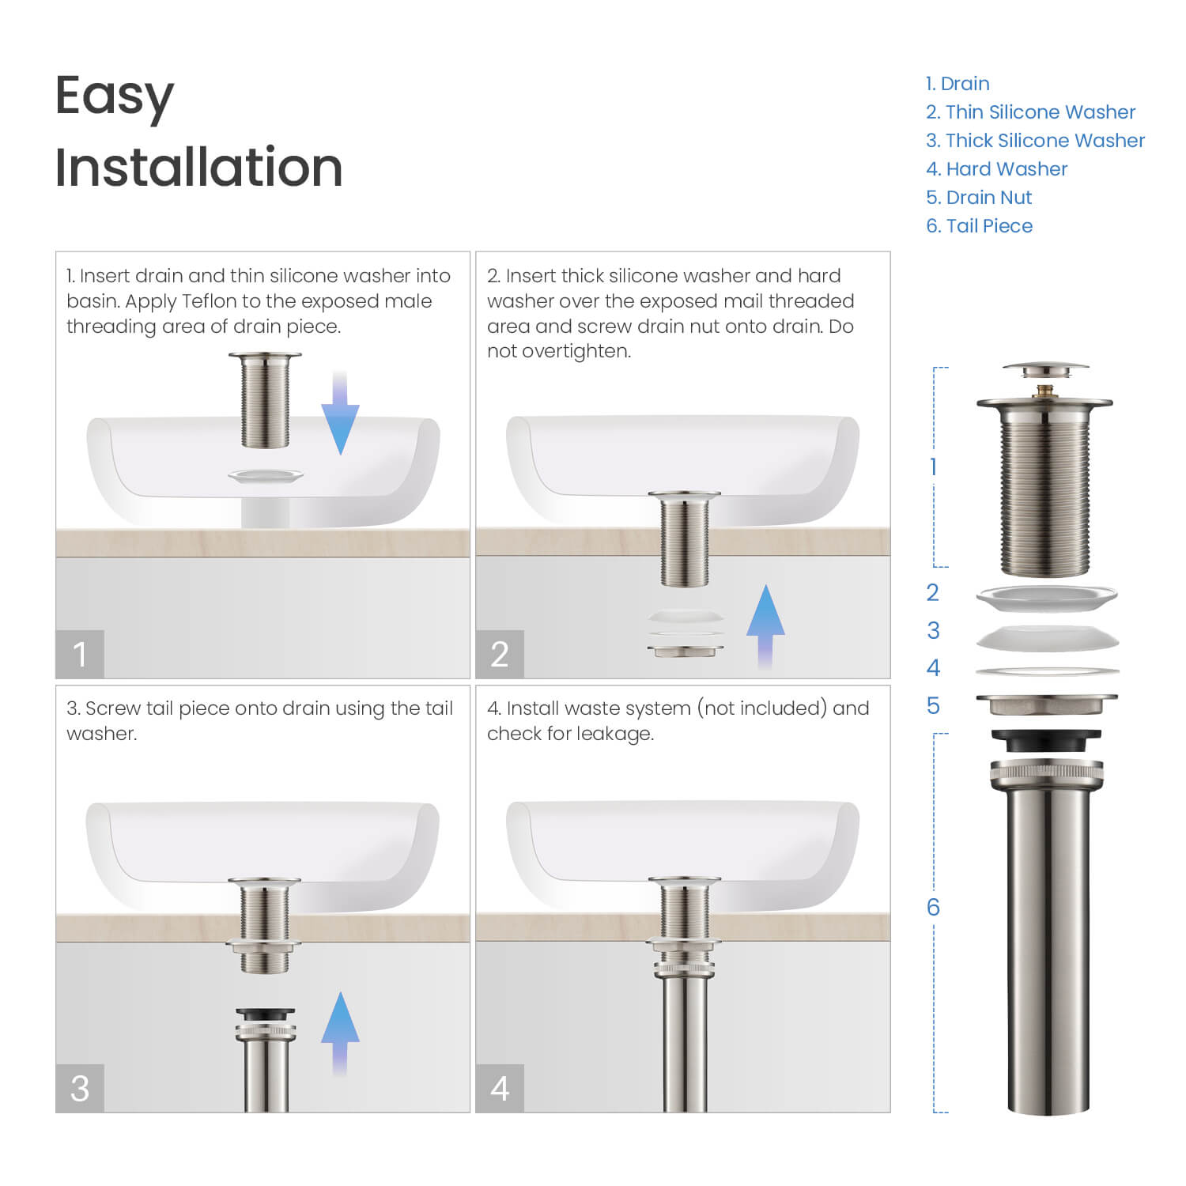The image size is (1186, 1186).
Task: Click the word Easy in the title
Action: pos(115,97)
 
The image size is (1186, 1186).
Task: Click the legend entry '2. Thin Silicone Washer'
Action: pos(1030,112)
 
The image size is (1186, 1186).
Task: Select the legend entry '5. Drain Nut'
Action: pos(979,198)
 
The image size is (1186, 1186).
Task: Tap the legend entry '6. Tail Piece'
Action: pos(979,226)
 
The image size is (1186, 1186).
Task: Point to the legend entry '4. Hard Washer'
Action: pos(996,169)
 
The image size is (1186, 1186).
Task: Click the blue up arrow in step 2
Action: pos(765,625)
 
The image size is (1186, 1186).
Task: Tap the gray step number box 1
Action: pos(80,654)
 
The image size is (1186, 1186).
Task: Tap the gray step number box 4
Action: pos(500,1088)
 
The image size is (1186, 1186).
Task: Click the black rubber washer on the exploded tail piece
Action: pos(1045,739)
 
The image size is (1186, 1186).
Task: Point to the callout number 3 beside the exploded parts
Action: pos(933,630)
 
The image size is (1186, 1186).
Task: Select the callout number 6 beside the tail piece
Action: pos(933,907)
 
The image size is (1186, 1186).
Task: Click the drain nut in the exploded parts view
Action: pos(1047,703)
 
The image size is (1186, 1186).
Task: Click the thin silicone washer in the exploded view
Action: pos(1047,598)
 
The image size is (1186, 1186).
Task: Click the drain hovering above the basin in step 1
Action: pos(265,399)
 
